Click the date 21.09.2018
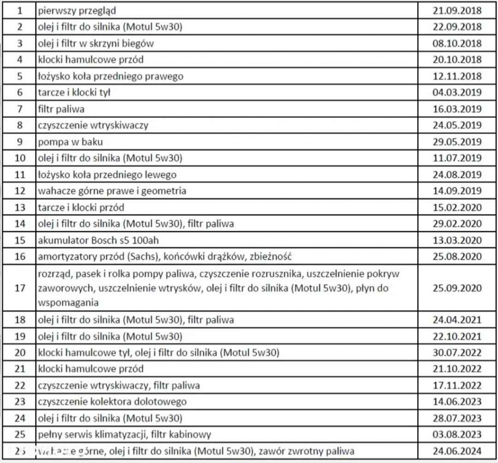457,10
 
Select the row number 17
19,288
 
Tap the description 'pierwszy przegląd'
77,10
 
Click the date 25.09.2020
457,288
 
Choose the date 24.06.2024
457,451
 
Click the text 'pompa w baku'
71,142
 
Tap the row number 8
19,125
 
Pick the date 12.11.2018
457,76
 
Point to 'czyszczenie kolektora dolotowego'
112,402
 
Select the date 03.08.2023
457,434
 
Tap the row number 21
19,369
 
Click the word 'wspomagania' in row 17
68,303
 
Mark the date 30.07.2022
457,353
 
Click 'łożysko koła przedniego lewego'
107,175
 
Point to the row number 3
19,43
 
